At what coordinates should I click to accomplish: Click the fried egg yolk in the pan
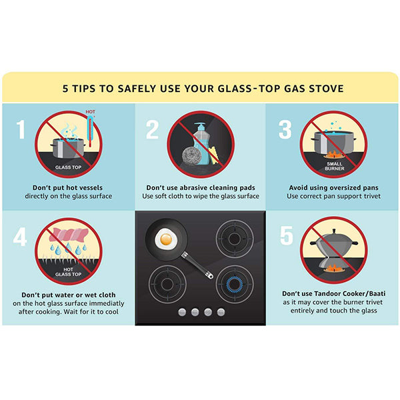[x=166, y=239]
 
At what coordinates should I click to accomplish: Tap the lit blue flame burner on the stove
[x=235, y=284]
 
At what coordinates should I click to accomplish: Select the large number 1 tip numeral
[x=21, y=129]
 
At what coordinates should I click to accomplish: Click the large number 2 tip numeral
[x=152, y=129]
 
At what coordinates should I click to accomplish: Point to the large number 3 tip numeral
[x=285, y=129]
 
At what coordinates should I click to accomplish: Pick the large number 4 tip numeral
[x=20, y=237]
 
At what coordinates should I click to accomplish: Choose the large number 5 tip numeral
[x=287, y=235]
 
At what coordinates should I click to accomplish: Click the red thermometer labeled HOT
[x=90, y=131]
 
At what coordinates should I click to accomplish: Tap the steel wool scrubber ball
[x=192, y=155]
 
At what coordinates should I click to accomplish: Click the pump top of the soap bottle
[x=200, y=127]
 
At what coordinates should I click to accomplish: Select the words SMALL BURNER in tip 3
[x=335, y=166]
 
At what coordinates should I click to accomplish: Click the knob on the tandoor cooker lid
[x=334, y=231]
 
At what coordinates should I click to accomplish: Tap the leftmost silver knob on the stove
[x=182, y=312]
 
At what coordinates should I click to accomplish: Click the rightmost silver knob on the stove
[x=221, y=312]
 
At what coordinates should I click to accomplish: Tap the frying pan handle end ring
[x=210, y=275]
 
